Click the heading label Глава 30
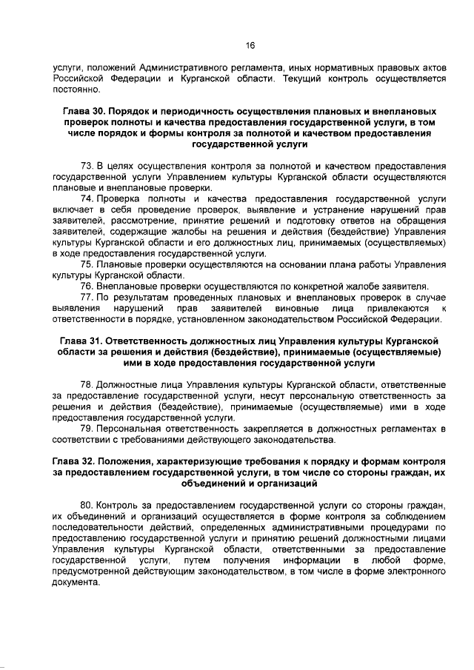coord(78,110)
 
